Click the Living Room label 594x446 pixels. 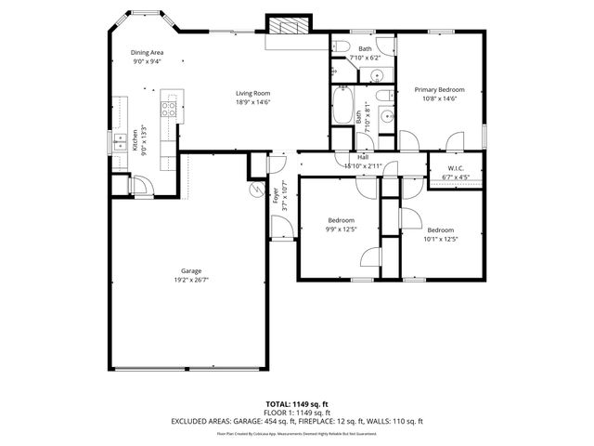(x=252, y=93)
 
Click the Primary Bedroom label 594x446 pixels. (x=439, y=90)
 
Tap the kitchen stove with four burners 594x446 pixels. (x=169, y=107)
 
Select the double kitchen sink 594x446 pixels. (x=120, y=142)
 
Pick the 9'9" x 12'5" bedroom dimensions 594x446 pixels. (x=341, y=229)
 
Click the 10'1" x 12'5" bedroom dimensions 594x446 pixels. (x=441, y=238)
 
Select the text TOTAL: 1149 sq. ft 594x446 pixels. (x=296, y=404)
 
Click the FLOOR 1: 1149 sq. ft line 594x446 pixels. (x=296, y=413)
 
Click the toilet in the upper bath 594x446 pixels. (x=341, y=47)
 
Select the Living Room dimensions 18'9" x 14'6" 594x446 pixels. (x=252, y=101)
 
